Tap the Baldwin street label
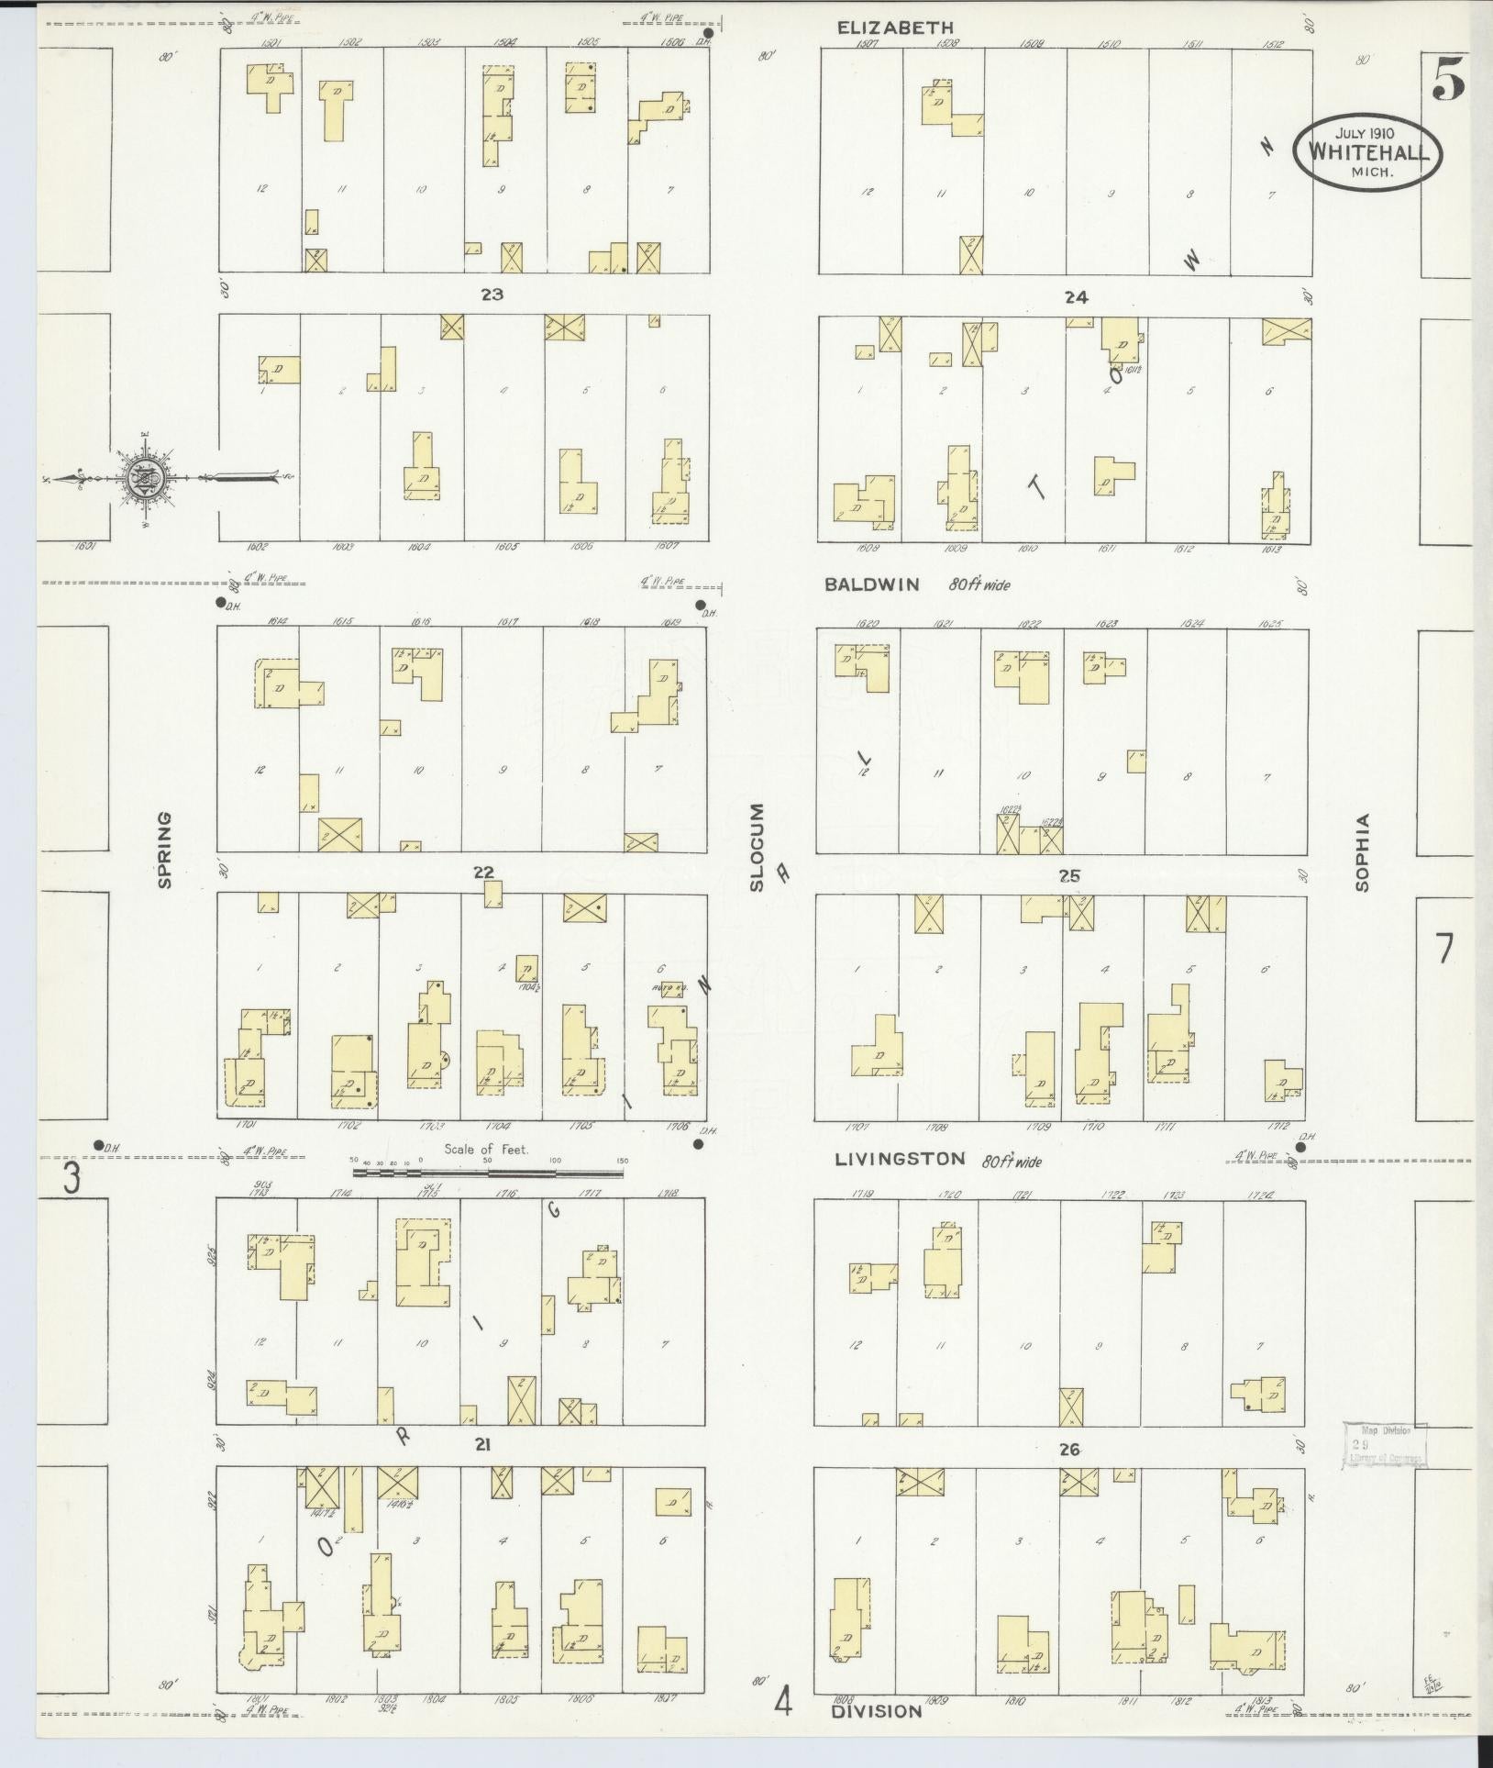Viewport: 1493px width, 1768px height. pos(871,584)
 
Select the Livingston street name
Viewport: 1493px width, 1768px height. pos(900,1160)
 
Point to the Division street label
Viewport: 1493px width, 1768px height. pos(877,1711)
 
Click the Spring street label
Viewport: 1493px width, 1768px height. pos(166,849)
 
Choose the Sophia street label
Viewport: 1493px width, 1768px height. pos(1363,852)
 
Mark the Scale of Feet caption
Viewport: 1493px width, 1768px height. pos(486,1149)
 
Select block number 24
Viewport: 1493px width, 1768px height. pos(1076,296)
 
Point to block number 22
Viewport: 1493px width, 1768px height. pos(483,873)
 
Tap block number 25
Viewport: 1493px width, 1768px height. pos(1069,876)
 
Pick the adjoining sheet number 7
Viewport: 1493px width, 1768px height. pos(1444,949)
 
